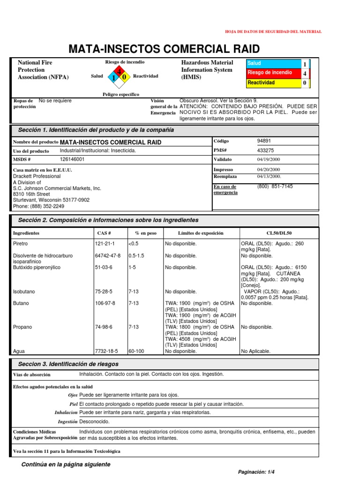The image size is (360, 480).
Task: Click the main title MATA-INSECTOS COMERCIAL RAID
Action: coord(164,49)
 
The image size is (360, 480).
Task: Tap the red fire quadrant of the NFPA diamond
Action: coord(119,71)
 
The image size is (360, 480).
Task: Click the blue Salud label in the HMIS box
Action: coord(274,63)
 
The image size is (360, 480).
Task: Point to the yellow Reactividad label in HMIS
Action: coord(274,83)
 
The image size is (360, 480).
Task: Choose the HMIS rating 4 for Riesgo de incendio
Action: coord(305,74)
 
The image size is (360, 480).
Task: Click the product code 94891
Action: coord(264,141)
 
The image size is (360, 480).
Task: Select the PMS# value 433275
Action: coord(265,150)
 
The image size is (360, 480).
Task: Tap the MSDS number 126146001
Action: coord(72,159)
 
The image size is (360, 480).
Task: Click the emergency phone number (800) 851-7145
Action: coord(275,186)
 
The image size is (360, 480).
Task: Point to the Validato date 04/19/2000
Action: coord(268,159)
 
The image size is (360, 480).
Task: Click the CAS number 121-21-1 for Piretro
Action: coord(105,244)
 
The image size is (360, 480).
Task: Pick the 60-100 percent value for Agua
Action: coord(137,351)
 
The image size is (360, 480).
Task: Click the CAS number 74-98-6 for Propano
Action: coord(104,327)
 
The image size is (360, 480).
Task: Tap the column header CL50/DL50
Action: coord(279,233)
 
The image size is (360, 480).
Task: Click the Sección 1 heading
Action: coord(96,129)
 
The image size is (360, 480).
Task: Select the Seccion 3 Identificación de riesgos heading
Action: coord(68,364)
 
